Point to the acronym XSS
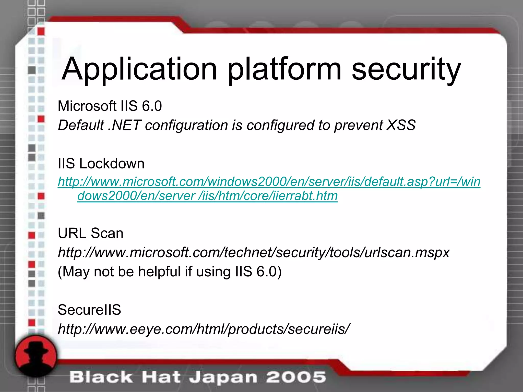[x=401, y=125]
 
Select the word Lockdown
[x=112, y=163]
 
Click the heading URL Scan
[x=90, y=233]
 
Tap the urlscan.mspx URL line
[x=254, y=252]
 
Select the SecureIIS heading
[x=89, y=310]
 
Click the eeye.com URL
[x=204, y=329]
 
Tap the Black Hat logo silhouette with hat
[x=35, y=356]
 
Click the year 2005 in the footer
[x=296, y=377]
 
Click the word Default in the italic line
[x=81, y=125]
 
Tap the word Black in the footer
[x=101, y=377]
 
